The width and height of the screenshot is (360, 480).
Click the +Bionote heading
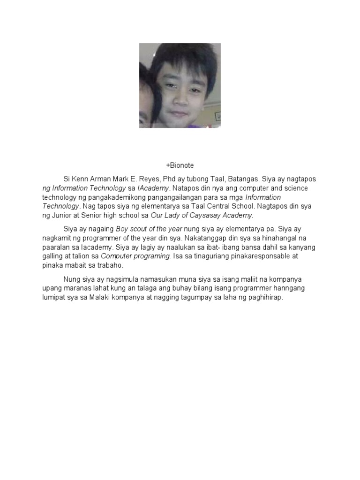(x=180, y=165)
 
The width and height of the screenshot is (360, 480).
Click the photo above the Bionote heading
(x=180, y=85)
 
